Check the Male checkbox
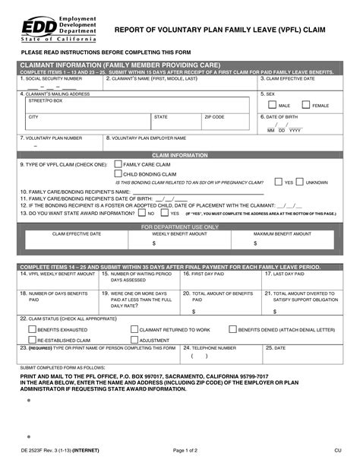point(273,105)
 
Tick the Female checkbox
point(305,105)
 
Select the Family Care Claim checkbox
point(118,163)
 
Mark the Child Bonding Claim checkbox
point(118,173)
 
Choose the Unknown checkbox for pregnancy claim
point(300,182)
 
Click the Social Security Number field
point(59,85)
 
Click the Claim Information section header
point(180,154)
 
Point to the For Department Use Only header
point(180,227)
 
